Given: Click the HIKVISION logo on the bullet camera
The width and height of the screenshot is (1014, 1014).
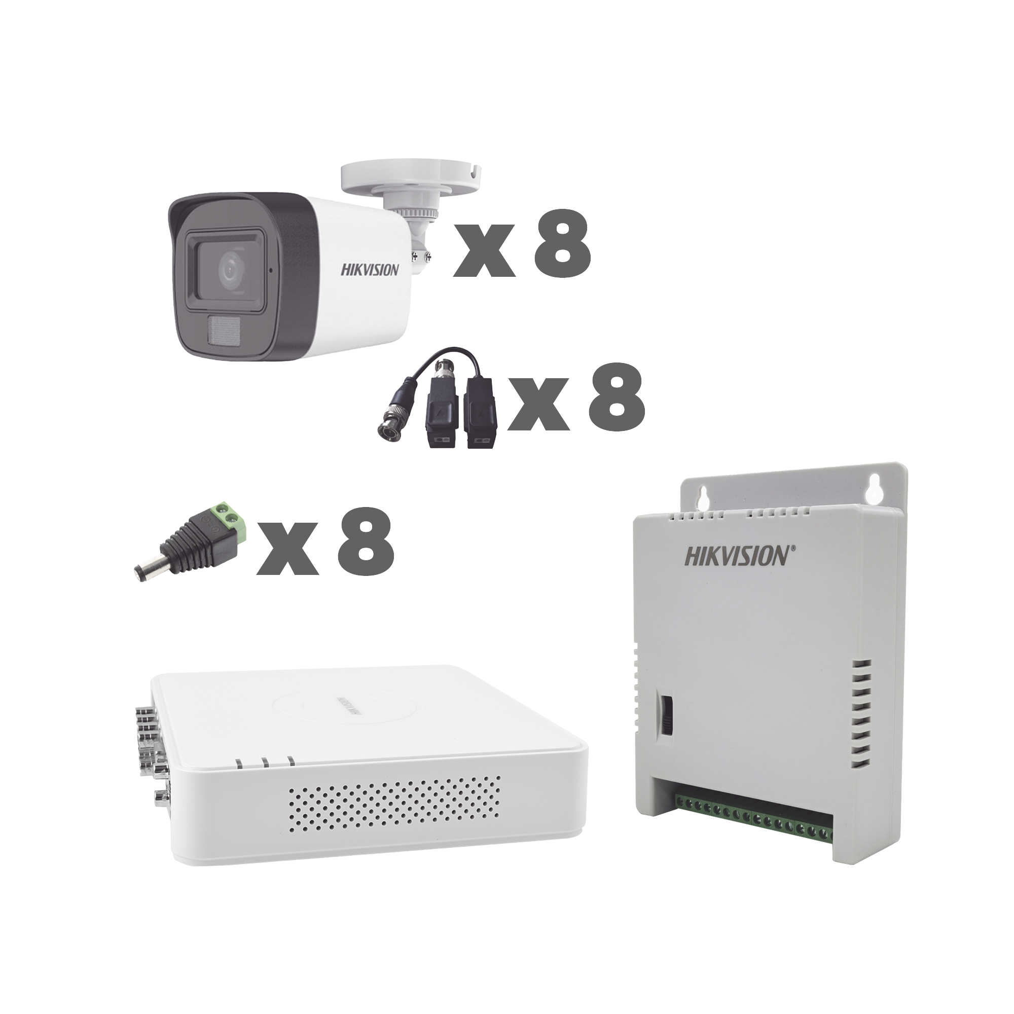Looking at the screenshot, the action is pyautogui.click(x=371, y=270).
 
